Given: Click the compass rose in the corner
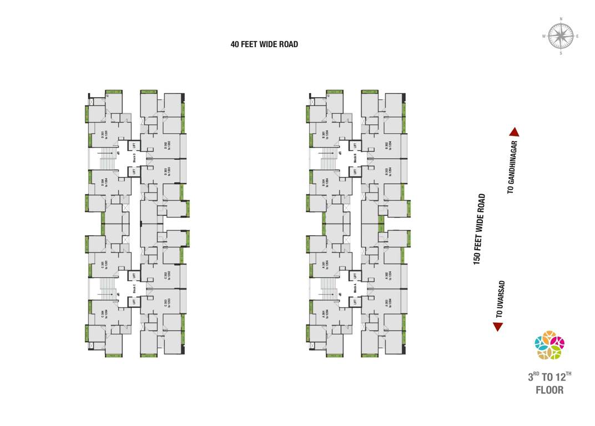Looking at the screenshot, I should click(561, 36).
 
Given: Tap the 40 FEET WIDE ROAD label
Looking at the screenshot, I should click(264, 44).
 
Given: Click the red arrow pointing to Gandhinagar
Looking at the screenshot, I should click(514, 132).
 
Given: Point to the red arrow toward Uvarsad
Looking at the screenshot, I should click(498, 327).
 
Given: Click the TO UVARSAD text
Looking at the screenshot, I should click(500, 299).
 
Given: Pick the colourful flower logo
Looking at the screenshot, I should click(549, 345).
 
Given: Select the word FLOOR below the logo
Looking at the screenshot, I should click(549, 390).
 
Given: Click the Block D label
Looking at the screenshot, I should click(134, 158).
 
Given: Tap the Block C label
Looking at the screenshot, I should click(134, 288).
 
